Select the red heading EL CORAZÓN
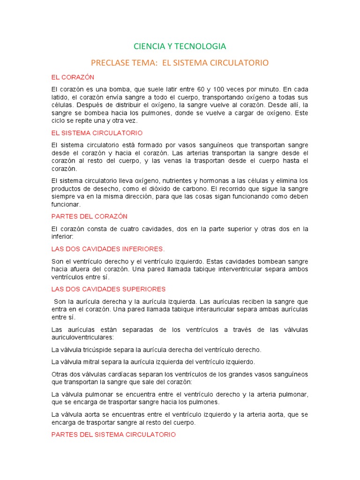click(73, 77)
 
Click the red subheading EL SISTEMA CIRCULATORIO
click(97, 133)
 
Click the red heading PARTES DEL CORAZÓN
click(89, 216)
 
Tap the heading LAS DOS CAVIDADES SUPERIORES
click(108, 289)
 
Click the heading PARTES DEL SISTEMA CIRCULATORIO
click(113, 435)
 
